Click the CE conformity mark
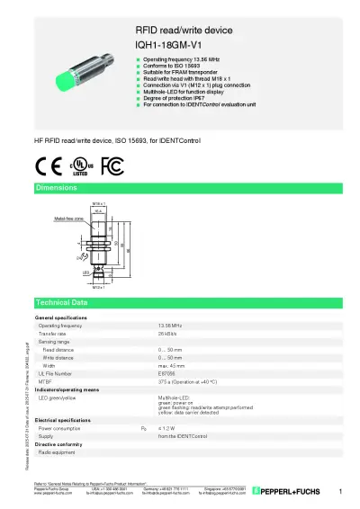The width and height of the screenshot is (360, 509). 48,165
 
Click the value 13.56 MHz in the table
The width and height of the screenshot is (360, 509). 170,326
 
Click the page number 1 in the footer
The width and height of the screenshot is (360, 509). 341,491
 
